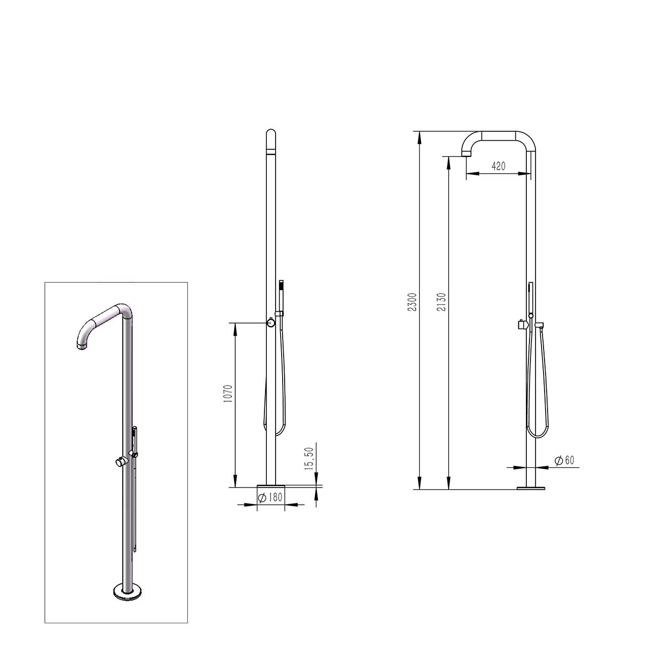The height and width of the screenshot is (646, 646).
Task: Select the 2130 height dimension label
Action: pyautogui.click(x=442, y=302)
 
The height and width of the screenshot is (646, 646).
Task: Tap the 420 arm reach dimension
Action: pyautogui.click(x=498, y=166)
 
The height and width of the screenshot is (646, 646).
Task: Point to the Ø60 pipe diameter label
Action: pyautogui.click(x=564, y=460)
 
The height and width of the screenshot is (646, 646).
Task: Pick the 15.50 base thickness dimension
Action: pyautogui.click(x=309, y=458)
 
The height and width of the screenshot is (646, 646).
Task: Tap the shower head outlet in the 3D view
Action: pyautogui.click(x=82, y=346)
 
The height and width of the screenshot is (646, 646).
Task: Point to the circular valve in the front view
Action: pyautogui.click(x=271, y=322)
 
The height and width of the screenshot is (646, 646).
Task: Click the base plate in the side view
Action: pyautogui.click(x=531, y=488)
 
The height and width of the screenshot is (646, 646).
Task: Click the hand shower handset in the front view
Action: pyautogui.click(x=281, y=295)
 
